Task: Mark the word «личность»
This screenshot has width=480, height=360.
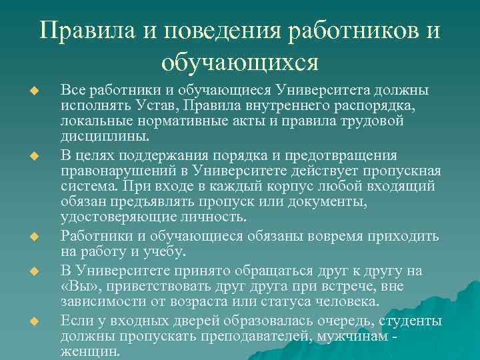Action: coord(213,217)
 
